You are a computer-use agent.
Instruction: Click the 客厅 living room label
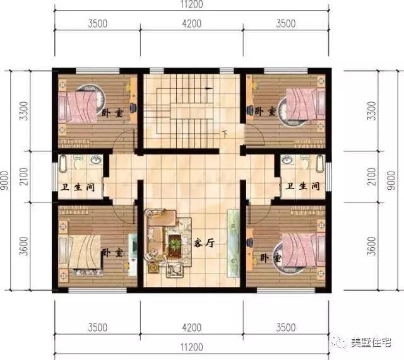coord(204,243)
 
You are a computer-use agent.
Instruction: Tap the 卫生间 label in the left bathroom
coord(77,187)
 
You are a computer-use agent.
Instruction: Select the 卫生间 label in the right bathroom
coord(302,186)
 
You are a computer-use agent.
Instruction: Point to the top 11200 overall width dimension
coord(192,4)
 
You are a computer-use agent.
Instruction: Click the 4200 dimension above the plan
coord(192,24)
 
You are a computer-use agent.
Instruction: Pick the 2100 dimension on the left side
coord(24,177)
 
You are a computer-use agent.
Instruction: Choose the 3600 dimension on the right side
coord(372,247)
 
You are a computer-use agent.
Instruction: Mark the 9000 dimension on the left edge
coord(4,180)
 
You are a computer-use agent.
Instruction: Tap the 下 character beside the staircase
coord(225,134)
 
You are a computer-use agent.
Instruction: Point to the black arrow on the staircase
coord(209,88)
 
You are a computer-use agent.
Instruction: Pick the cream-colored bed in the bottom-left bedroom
coord(80,251)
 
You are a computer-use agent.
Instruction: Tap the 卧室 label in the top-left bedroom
coord(112,113)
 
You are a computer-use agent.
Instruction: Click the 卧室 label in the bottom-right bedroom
coord(271,258)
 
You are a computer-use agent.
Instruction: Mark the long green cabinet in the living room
coord(233,243)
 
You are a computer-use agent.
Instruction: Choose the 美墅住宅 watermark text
coord(371,342)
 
